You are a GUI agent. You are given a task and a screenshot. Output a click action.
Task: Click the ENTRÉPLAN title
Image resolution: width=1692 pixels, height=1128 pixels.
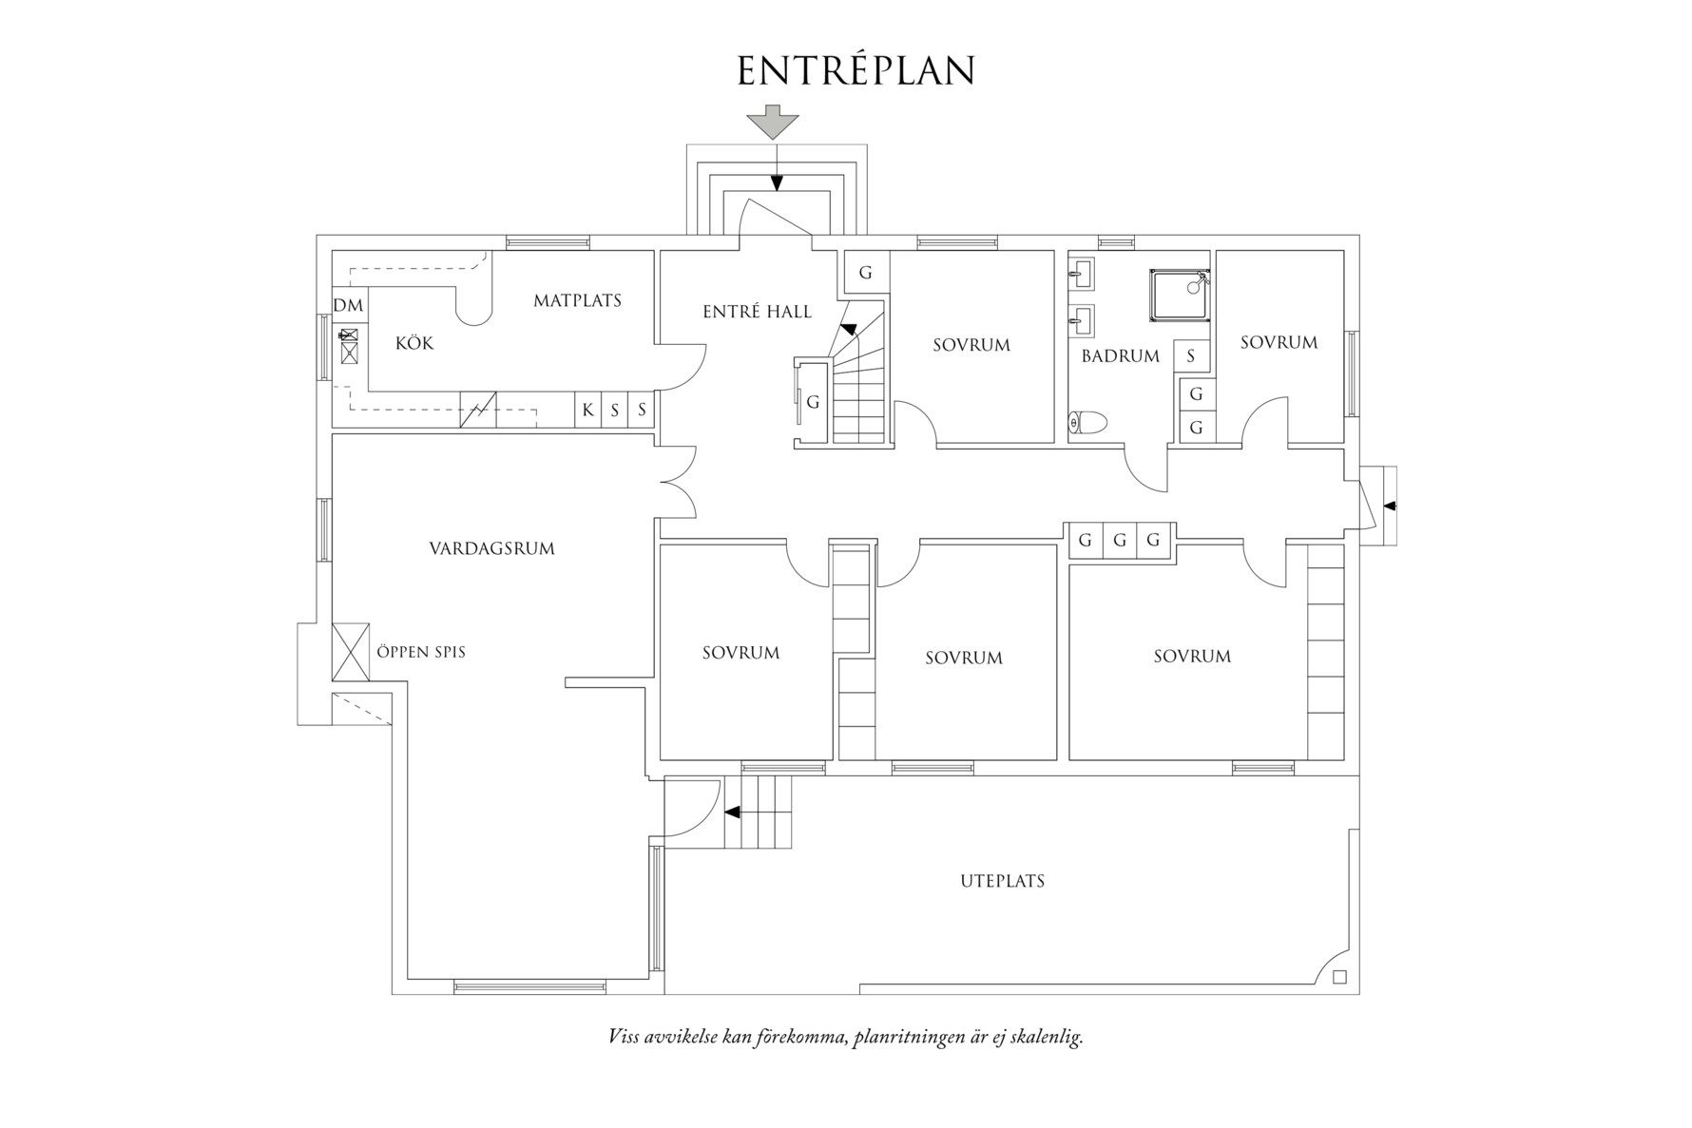pyautogui.click(x=856, y=71)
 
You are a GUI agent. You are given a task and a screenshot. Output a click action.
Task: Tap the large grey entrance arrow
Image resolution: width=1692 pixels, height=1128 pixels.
pyautogui.click(x=772, y=123)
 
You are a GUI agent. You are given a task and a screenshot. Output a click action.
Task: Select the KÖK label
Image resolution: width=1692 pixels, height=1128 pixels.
pyautogui.click(x=414, y=343)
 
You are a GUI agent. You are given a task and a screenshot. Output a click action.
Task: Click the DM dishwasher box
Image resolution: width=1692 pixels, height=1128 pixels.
pyautogui.click(x=349, y=306)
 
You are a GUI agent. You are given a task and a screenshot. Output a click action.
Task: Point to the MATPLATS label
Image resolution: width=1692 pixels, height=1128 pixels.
pyautogui.click(x=577, y=301)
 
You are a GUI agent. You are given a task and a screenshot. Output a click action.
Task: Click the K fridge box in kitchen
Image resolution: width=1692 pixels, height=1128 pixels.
pyautogui.click(x=587, y=411)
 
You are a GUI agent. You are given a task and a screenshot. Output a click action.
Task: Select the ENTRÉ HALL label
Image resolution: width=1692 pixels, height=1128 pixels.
pyautogui.click(x=757, y=312)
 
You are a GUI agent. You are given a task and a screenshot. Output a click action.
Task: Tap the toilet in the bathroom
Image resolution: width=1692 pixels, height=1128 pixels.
pyautogui.click(x=1088, y=421)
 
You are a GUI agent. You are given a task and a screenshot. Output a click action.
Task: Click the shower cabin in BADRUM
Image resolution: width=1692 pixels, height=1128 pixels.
pyautogui.click(x=1179, y=296)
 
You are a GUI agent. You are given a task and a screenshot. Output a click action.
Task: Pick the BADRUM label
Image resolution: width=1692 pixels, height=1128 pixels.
pyautogui.click(x=1120, y=356)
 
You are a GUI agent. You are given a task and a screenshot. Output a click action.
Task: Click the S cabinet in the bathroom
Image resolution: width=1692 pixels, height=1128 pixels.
pyautogui.click(x=1191, y=357)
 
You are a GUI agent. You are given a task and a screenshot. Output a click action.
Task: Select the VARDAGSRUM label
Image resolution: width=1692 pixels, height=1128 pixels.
pyautogui.click(x=491, y=548)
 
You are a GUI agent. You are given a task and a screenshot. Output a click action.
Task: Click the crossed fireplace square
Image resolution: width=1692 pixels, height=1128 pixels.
pyautogui.click(x=350, y=652)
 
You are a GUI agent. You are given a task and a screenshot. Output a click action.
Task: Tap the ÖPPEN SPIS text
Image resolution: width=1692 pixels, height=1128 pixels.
pyautogui.click(x=421, y=653)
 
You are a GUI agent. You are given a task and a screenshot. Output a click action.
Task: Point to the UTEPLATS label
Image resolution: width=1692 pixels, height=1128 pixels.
pyautogui.click(x=1002, y=881)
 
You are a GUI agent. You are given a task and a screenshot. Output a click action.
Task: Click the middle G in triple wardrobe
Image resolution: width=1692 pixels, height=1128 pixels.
pyautogui.click(x=1119, y=541)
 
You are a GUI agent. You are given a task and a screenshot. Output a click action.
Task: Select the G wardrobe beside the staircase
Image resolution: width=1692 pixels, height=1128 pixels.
pyautogui.click(x=813, y=402)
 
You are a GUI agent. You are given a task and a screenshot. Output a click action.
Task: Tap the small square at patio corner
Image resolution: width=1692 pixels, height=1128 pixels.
pyautogui.click(x=1339, y=977)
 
